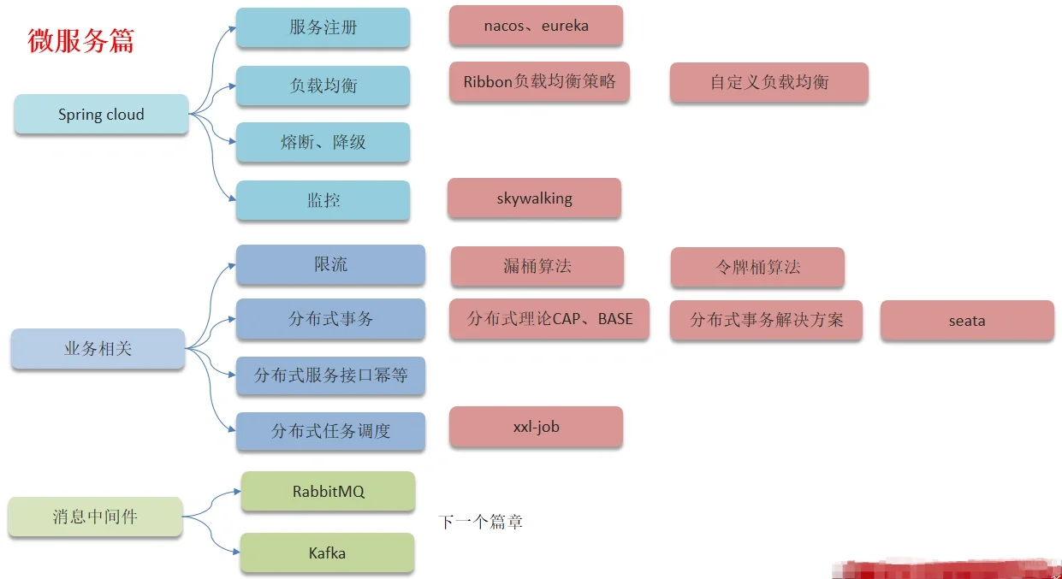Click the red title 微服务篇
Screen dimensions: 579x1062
[81, 40]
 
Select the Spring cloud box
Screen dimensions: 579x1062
[101, 115]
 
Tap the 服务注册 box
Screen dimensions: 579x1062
[323, 27]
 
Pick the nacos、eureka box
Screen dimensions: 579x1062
[536, 26]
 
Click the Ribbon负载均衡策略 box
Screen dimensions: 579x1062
[539, 82]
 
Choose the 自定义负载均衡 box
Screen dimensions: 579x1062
[768, 82]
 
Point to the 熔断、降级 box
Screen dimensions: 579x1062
[323, 142]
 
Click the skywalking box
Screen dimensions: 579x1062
[534, 198]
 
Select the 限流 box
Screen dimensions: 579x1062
[330, 264]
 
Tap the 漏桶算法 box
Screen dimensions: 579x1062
[537, 266]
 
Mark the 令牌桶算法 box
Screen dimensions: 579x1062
[757, 267]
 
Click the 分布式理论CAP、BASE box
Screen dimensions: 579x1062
[549, 319]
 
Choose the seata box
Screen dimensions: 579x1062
[967, 321]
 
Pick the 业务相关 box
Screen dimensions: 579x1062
[98, 349]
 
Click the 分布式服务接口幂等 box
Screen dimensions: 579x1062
[330, 375]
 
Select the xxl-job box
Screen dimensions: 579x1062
[536, 427]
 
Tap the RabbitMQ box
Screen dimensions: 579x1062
[328, 492]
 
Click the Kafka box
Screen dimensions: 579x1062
[327, 553]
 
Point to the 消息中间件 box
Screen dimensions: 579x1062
[95, 517]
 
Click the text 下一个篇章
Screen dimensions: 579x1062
[480, 522]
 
